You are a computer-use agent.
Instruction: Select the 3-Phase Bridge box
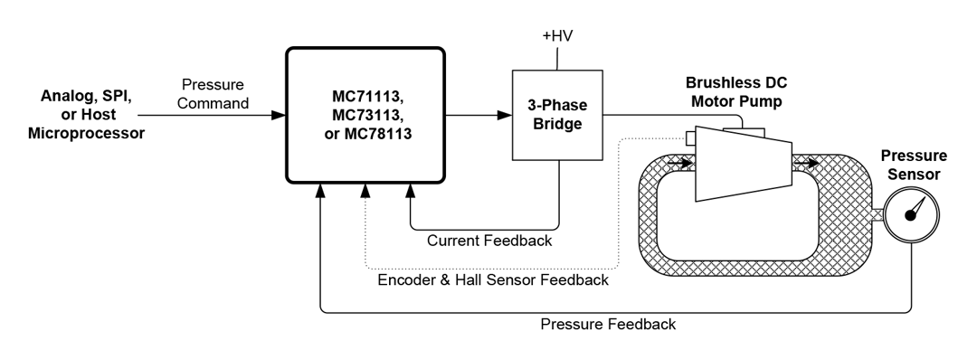click(558, 114)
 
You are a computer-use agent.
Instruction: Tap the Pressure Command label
click(213, 94)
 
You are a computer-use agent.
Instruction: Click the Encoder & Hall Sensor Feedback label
click(492, 279)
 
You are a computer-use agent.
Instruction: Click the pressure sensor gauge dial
click(912, 215)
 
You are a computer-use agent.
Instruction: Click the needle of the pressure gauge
click(916, 208)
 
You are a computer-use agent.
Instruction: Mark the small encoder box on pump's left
click(690, 137)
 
